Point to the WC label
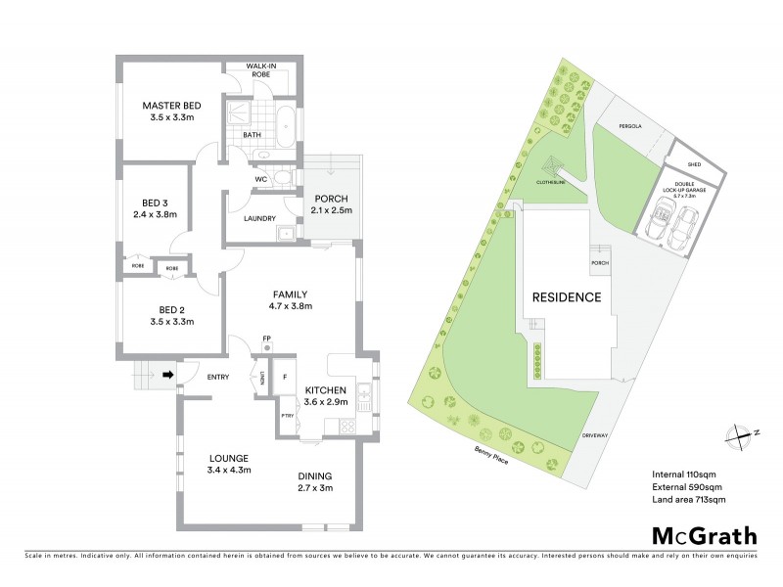(261, 179)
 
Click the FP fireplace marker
(266, 339)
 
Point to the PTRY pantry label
(287, 416)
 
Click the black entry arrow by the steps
(167, 374)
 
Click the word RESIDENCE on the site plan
(566, 297)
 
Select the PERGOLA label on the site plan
(629, 126)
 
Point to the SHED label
(694, 164)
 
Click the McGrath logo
(704, 535)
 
